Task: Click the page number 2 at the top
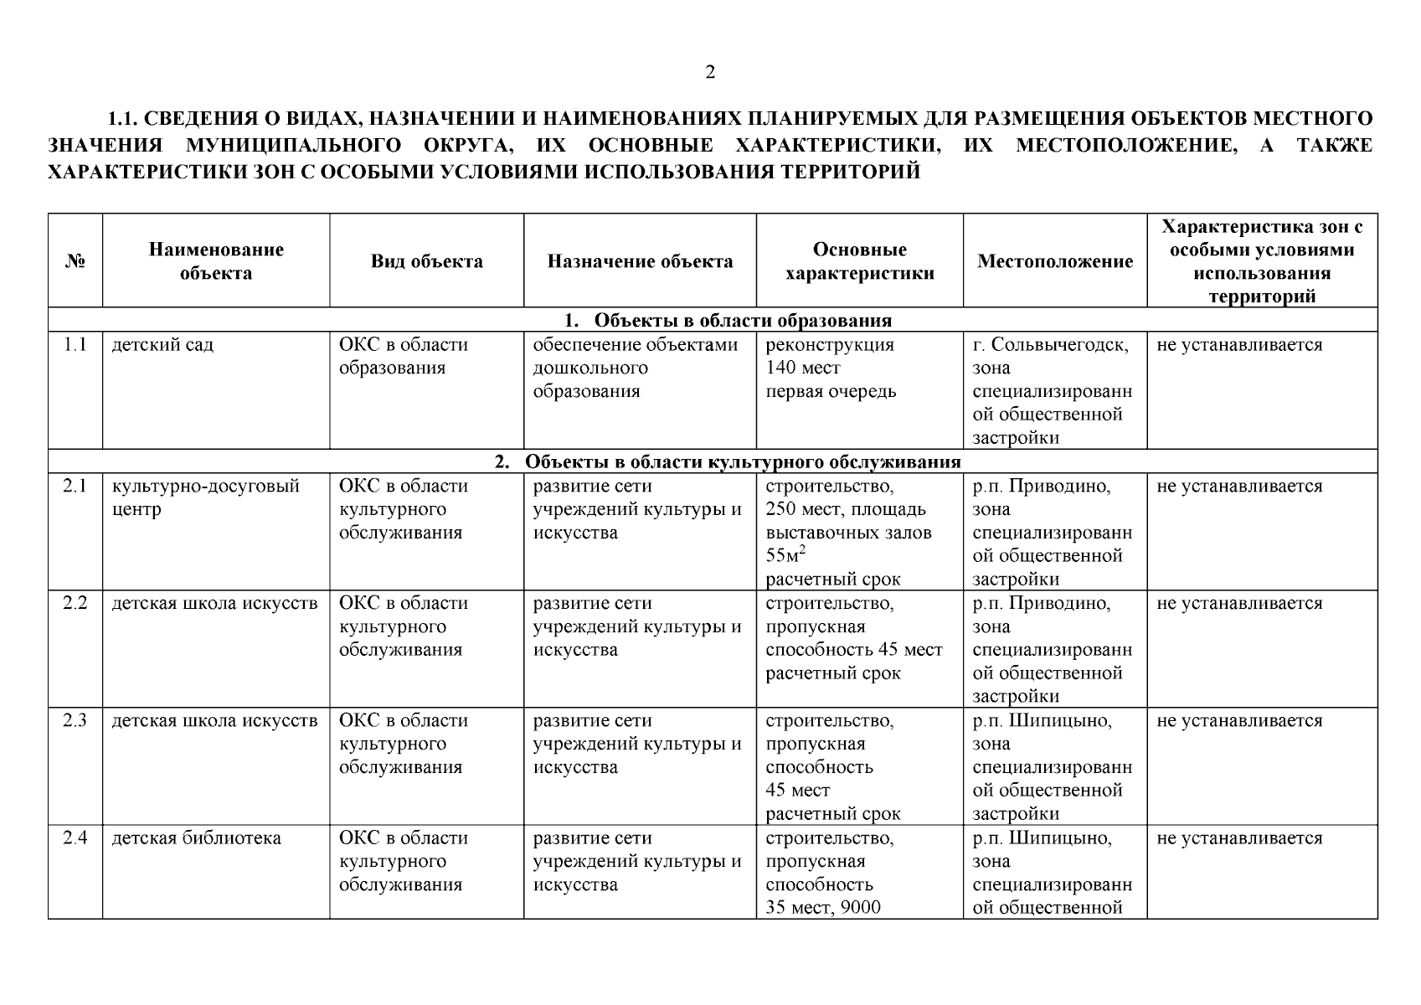[710, 73]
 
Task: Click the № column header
[75, 261]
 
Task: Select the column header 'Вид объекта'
[426, 261]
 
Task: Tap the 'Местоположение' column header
[1055, 261]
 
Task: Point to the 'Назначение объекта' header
[640, 261]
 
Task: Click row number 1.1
[75, 345]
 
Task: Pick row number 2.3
[75, 721]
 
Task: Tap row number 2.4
[75, 838]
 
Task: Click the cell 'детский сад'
[162, 345]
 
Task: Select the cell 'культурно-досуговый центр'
[205, 498]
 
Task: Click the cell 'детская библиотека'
[197, 838]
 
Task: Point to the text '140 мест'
[803, 368]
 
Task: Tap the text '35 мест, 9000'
[823, 908]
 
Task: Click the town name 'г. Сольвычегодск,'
[1050, 345]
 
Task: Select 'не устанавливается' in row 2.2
[1239, 604]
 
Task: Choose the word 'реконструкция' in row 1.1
[830, 345]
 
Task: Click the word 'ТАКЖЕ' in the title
[1334, 146]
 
